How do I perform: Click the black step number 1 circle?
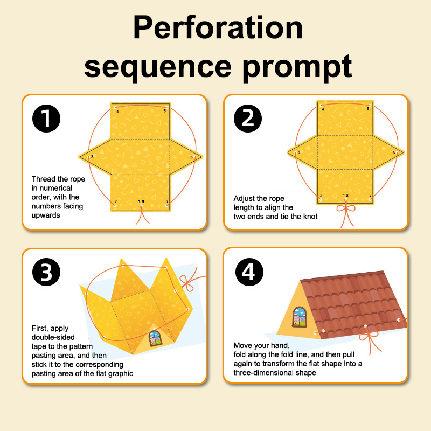[46, 119]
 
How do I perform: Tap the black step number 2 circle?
[248, 119]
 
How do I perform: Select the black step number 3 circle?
[46, 272]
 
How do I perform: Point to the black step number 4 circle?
[249, 272]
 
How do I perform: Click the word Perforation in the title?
[218, 27]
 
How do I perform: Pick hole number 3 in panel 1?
[89, 157]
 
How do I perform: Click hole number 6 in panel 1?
[195, 157]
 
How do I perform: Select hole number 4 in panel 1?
[115, 107]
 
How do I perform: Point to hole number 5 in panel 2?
[370, 105]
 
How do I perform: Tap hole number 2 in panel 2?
[321, 199]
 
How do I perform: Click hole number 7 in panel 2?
[370, 199]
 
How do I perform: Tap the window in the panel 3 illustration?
[155, 338]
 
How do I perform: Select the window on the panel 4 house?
[300, 317]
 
